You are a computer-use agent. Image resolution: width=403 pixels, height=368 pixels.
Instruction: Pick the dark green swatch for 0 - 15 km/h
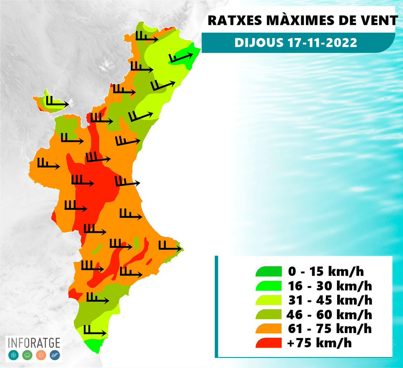268,272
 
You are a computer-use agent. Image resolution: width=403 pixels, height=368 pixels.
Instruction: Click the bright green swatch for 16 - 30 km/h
268,286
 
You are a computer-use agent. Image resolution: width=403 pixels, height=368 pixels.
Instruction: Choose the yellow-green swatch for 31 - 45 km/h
268,300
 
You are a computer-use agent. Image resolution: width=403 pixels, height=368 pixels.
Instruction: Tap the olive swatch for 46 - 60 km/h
268,315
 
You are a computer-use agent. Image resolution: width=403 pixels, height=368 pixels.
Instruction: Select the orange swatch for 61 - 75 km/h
268,329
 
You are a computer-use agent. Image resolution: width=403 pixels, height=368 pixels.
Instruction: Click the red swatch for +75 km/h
268,343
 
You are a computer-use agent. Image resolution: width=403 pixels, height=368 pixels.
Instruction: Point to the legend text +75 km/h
320,343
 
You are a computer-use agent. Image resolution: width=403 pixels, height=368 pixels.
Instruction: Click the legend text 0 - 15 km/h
326,272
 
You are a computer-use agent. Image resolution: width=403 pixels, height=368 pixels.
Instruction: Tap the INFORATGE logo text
34,343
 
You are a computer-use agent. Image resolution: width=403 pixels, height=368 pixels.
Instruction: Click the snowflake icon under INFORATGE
13,355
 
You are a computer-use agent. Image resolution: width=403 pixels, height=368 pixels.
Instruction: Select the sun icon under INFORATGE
41,355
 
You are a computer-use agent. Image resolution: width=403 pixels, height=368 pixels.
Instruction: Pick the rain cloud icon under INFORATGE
27,355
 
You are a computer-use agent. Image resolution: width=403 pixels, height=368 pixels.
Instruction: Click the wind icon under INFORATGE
55,355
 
